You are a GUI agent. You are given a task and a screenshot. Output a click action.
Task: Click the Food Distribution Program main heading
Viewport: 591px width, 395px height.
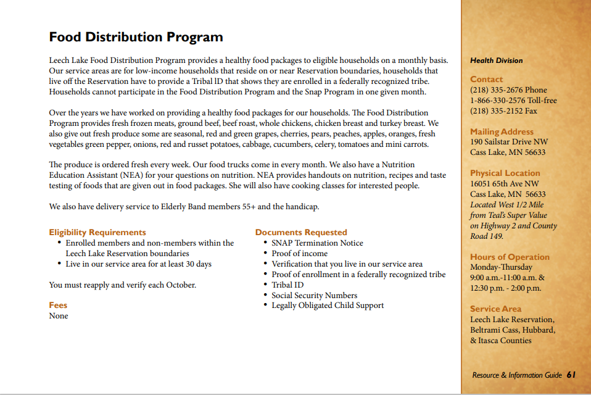(136, 37)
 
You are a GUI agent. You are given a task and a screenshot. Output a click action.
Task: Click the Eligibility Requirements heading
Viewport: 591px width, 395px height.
(97, 233)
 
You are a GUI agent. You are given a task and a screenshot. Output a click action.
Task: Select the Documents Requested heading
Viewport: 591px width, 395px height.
(301, 233)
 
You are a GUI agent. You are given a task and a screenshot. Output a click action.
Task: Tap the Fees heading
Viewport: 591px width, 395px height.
(58, 306)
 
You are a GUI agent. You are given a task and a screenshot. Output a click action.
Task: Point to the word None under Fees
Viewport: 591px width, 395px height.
(59, 316)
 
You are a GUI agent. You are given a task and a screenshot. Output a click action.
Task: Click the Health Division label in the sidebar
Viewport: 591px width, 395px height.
(496, 60)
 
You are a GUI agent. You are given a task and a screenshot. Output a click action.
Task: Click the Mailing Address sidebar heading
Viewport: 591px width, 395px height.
(502, 131)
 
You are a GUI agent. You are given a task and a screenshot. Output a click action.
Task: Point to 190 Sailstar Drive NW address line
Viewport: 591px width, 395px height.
(508, 142)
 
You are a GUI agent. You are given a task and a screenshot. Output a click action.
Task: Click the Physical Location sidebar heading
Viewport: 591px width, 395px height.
(505, 173)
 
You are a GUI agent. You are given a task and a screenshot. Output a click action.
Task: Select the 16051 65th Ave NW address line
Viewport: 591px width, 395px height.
(504, 184)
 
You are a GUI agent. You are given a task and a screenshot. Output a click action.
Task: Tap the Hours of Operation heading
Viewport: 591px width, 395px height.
(510, 257)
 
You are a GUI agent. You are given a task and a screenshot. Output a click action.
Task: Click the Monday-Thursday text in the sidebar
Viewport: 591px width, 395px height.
(501, 268)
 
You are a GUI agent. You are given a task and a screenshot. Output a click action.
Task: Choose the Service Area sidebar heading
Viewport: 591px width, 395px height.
(495, 309)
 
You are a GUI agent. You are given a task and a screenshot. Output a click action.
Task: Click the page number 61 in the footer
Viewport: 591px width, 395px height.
(571, 375)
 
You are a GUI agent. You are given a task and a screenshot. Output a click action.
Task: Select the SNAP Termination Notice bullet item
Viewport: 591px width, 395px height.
(317, 243)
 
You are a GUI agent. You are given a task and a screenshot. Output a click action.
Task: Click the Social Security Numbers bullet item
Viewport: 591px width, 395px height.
(314, 296)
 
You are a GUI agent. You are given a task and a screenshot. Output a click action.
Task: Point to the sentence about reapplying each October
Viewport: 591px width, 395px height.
(122, 285)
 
